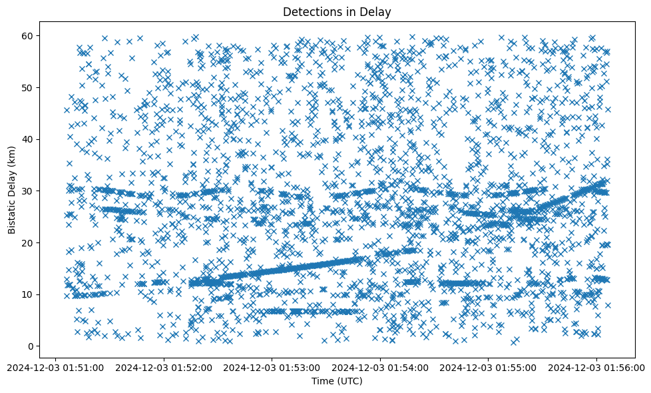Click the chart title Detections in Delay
coord(337,11)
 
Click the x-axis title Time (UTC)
coord(337,381)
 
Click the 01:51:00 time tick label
coord(56,366)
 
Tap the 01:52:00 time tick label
coord(164,366)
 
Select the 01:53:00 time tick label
coord(272,366)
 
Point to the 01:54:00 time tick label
coord(380,366)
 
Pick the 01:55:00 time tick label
coord(489,366)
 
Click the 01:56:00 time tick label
coord(596,366)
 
